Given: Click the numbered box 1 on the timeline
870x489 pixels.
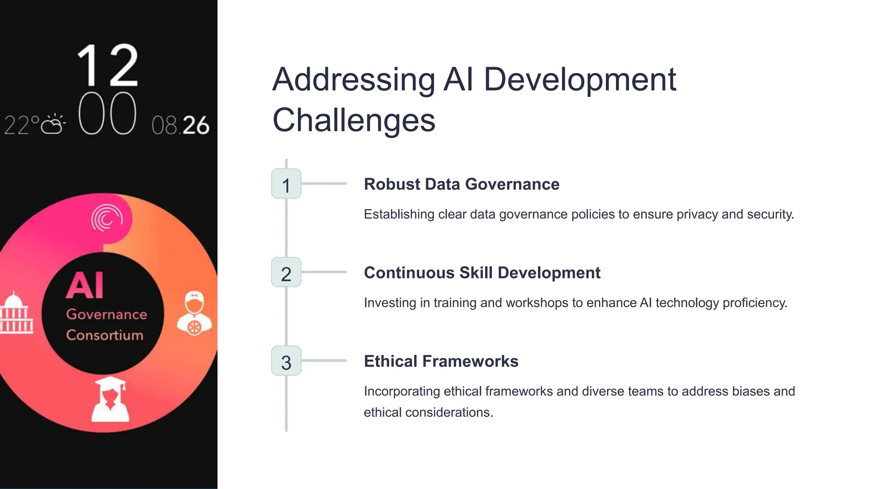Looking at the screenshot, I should [x=286, y=184].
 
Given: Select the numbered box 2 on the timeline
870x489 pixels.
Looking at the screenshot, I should [x=286, y=273].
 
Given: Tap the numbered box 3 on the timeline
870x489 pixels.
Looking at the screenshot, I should [x=286, y=361].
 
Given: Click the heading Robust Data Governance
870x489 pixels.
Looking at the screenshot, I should [x=461, y=184].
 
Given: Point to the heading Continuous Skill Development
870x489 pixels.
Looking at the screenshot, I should [x=482, y=273].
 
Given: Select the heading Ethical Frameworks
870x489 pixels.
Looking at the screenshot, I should [x=441, y=361].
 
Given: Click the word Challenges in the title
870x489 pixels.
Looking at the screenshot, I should [x=354, y=120].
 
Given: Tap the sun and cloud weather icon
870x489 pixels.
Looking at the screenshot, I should [x=54, y=124].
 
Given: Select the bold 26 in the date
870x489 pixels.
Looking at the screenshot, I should [x=196, y=126].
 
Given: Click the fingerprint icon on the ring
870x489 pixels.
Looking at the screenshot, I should [x=107, y=218].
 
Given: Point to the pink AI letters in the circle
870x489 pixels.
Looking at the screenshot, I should [x=85, y=285].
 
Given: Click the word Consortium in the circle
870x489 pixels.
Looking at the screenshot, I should [x=105, y=335].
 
